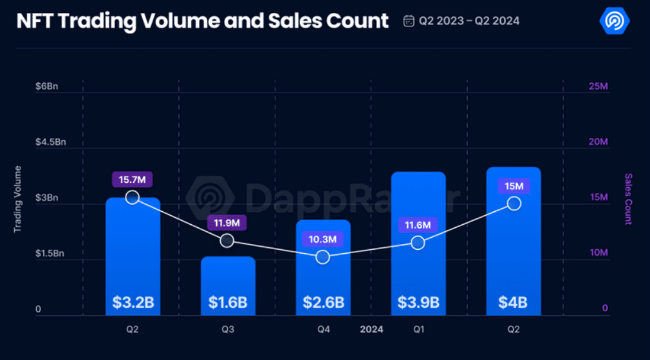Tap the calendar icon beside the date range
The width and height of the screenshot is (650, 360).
tap(409, 21)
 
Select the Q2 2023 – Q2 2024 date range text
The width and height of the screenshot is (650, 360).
tap(469, 21)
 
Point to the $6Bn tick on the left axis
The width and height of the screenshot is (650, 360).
tap(46, 86)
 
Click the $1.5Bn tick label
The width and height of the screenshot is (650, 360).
tap(50, 254)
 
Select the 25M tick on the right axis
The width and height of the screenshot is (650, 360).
tap(599, 86)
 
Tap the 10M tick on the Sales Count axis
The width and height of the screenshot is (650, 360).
tap(599, 253)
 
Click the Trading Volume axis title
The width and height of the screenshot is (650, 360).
tap(18, 198)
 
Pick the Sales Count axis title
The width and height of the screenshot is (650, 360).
tap(629, 198)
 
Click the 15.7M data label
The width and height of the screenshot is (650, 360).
tap(133, 180)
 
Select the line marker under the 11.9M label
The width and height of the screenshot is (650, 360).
tap(227, 240)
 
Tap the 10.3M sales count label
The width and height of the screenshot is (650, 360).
tap(323, 240)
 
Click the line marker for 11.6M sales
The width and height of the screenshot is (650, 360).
tap(418, 243)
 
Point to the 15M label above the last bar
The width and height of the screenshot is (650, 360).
tap(514, 186)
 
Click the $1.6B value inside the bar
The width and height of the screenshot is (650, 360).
tap(228, 302)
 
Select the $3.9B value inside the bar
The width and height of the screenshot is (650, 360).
tap(418, 302)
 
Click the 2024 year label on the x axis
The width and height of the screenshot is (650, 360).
tap(371, 329)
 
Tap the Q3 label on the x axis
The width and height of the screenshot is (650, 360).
tap(228, 329)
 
